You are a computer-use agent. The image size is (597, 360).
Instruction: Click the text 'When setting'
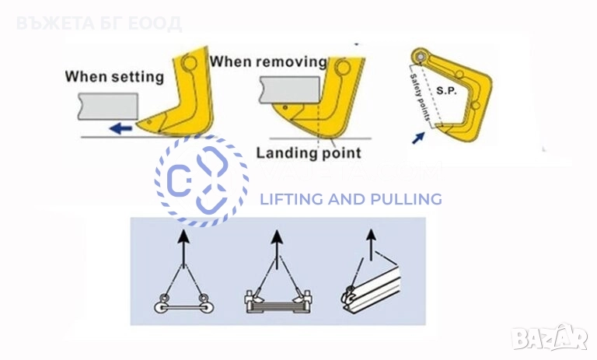click(114, 76)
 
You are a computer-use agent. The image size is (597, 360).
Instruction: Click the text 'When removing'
click(268, 61)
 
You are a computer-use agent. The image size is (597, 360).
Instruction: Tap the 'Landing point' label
click(309, 152)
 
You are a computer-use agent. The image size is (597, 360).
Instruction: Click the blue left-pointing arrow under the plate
click(120, 129)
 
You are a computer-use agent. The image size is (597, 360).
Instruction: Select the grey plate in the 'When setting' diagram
click(106, 106)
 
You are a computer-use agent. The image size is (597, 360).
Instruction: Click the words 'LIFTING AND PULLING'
click(350, 199)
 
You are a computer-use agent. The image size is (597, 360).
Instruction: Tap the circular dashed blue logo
click(201, 180)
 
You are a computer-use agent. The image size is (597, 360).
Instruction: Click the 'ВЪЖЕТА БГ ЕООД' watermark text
click(98, 23)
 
